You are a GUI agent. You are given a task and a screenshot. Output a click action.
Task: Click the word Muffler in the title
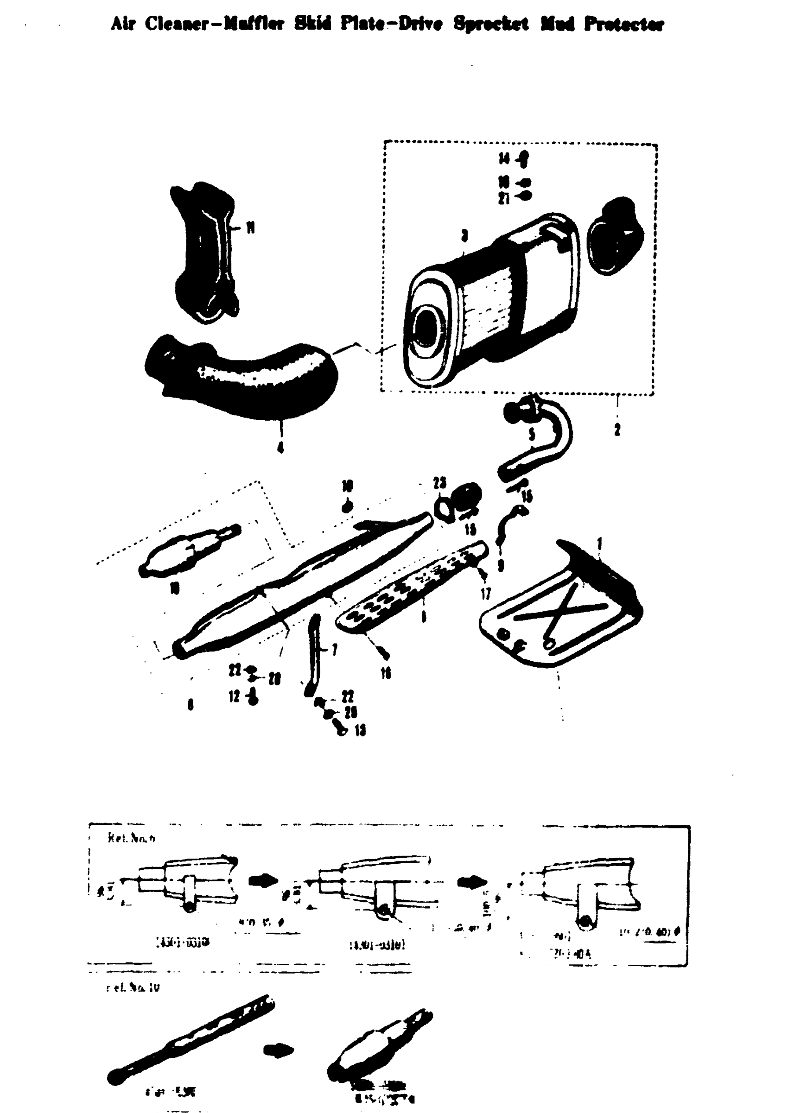(252, 24)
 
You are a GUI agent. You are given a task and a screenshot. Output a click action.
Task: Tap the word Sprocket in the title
(490, 24)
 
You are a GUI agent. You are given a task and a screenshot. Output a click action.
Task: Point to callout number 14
(505, 158)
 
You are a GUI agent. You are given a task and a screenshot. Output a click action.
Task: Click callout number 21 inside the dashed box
(504, 198)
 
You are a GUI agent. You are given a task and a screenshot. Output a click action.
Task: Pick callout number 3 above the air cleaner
(464, 236)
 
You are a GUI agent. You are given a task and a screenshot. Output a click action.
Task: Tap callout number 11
(250, 228)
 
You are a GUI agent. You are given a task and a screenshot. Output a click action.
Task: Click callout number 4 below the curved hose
(280, 447)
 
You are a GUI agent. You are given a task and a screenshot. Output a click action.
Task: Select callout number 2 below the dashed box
(616, 429)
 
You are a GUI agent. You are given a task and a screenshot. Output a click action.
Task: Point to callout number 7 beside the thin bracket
(334, 649)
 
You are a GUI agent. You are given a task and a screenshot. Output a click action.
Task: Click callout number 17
(486, 594)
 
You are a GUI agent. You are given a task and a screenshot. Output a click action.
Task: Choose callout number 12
(235, 697)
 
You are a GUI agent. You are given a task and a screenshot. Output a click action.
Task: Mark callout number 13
(360, 730)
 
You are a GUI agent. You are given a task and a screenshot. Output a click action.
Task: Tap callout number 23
(439, 482)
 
